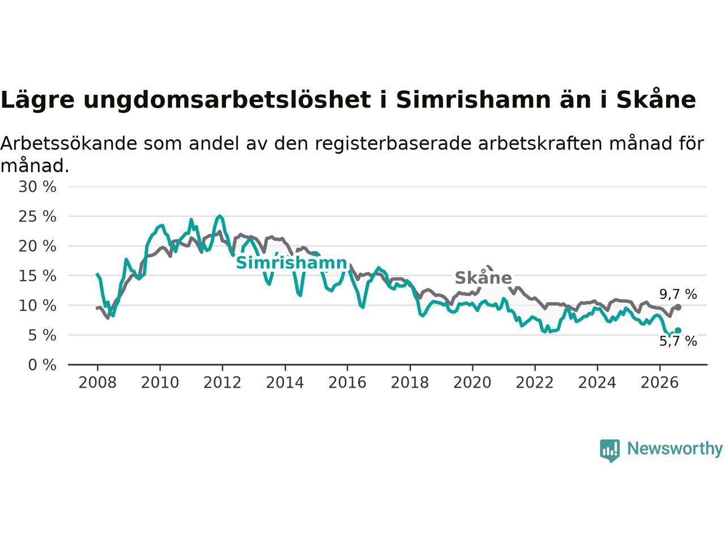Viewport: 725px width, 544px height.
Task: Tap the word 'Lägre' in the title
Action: point(37,100)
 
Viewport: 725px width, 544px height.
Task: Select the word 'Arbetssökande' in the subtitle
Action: point(69,144)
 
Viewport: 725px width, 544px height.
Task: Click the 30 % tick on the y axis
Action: point(37,187)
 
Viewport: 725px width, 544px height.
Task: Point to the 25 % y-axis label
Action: point(37,216)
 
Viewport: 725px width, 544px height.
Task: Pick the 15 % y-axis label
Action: point(37,276)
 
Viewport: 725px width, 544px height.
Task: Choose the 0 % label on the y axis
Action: point(42,365)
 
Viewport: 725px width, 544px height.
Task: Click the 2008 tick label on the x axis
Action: point(97,383)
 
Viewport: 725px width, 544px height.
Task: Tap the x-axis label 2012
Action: point(222,383)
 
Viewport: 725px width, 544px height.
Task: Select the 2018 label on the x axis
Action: point(410,383)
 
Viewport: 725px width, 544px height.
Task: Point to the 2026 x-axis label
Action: point(660,383)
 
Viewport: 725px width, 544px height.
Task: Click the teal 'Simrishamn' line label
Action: point(292,263)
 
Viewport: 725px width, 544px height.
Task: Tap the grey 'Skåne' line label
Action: point(483,278)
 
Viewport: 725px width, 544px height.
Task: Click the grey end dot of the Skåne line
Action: point(678,307)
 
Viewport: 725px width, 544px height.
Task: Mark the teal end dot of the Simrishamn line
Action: point(678,330)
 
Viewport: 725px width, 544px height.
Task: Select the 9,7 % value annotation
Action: point(678,294)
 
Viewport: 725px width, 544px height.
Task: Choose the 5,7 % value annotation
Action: point(678,341)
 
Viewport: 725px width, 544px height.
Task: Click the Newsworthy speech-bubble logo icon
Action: point(609,450)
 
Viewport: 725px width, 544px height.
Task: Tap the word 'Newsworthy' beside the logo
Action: point(675,449)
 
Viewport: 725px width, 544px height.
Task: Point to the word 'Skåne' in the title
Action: point(656,99)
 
